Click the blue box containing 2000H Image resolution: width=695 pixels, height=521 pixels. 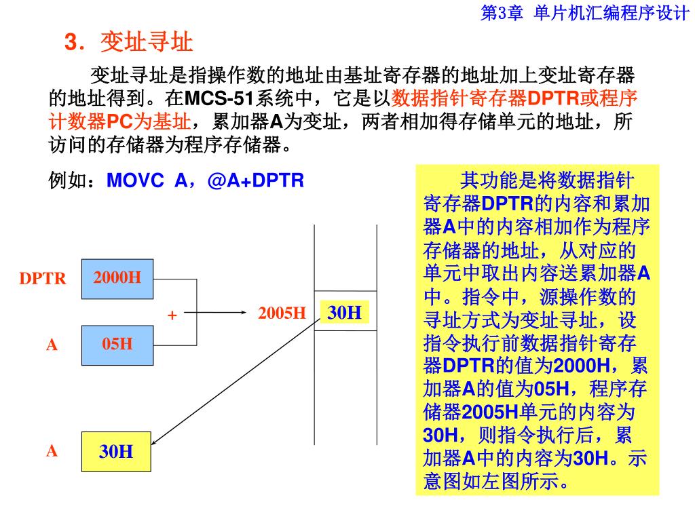(x=117, y=278)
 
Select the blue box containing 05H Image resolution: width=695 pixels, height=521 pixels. (x=117, y=345)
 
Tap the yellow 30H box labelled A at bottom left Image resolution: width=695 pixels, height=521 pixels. (x=116, y=451)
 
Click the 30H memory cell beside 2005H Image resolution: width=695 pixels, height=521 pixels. (x=345, y=313)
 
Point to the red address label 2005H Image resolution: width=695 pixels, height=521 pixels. (x=282, y=313)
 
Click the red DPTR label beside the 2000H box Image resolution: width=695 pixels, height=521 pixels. (x=43, y=279)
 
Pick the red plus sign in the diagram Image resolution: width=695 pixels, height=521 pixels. (x=172, y=315)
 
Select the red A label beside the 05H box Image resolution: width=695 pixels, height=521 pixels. (x=52, y=345)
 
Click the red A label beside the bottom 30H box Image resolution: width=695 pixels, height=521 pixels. (x=52, y=451)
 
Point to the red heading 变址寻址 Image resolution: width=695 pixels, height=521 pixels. (x=147, y=43)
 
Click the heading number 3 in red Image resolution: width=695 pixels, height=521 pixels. (x=70, y=43)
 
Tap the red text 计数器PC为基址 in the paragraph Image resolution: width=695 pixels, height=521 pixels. (x=119, y=122)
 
